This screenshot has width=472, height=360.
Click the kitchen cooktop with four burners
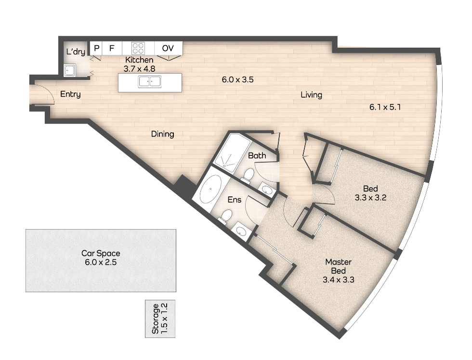pyautogui.click(x=138, y=49)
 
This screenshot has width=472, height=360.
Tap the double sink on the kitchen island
pyautogui.click(x=150, y=82)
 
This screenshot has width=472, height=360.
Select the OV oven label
pyautogui.click(x=168, y=48)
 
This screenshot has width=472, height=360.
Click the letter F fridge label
pyautogui.click(x=112, y=48)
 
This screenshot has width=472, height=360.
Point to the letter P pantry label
pyautogui.click(x=97, y=48)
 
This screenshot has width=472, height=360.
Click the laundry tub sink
pyautogui.click(x=69, y=70)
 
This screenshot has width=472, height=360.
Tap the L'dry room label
pyautogui.click(x=76, y=51)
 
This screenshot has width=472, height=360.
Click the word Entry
pyautogui.click(x=70, y=94)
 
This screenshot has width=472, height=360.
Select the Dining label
pyautogui.click(x=163, y=134)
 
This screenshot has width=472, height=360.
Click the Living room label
pyautogui.click(x=311, y=95)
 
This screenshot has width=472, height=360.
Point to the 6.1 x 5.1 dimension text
pyautogui.click(x=385, y=107)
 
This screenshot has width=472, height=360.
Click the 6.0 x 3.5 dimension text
pyautogui.click(x=237, y=80)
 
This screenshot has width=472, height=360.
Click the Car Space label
pyautogui.click(x=101, y=253)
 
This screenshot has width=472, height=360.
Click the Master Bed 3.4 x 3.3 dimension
pyautogui.click(x=338, y=280)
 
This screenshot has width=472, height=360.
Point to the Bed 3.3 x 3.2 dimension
pyautogui.click(x=370, y=198)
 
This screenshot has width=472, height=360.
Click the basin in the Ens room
pyautogui.click(x=241, y=231)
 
